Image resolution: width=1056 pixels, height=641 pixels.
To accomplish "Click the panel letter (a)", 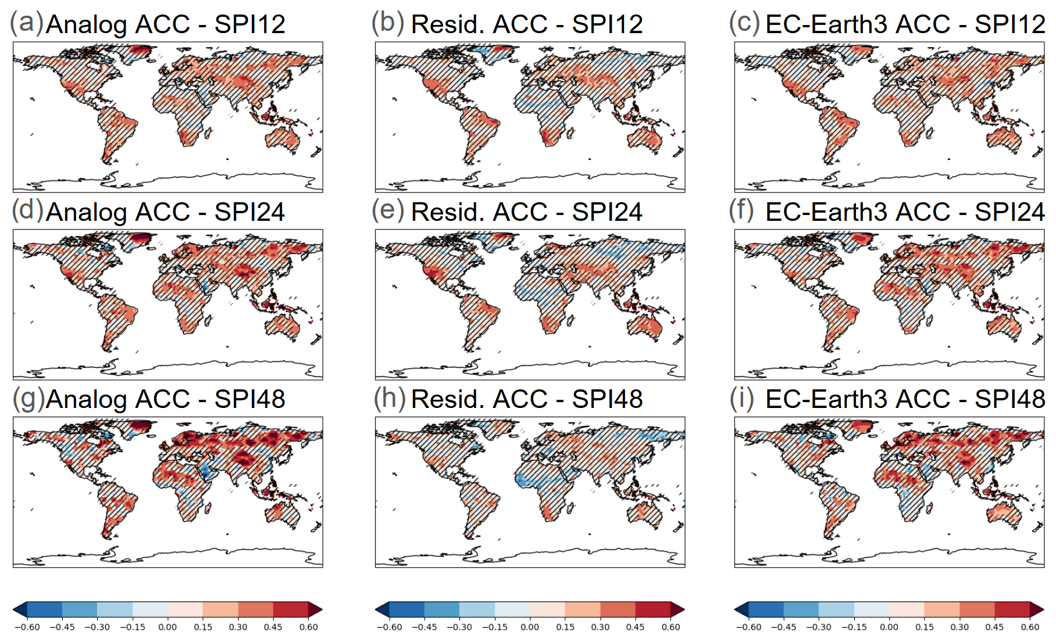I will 27,23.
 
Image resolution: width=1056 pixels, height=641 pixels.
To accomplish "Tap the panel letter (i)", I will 742,398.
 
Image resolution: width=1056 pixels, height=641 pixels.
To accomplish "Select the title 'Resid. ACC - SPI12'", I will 527,24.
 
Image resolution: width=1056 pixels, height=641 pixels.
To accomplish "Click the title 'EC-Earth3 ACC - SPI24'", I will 905,212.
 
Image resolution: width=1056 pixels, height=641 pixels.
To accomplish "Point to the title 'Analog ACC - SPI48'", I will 166,399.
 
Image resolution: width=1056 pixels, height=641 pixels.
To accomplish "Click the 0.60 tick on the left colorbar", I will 308,627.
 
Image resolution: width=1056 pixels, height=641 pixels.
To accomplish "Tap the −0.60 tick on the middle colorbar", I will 389,627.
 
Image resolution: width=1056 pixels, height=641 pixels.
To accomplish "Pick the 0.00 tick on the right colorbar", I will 889,627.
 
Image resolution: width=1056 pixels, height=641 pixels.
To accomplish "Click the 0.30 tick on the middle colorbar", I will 600,627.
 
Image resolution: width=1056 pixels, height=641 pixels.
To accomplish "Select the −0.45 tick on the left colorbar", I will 62,627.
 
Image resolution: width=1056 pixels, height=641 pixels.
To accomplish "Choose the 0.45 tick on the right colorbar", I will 994,627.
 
